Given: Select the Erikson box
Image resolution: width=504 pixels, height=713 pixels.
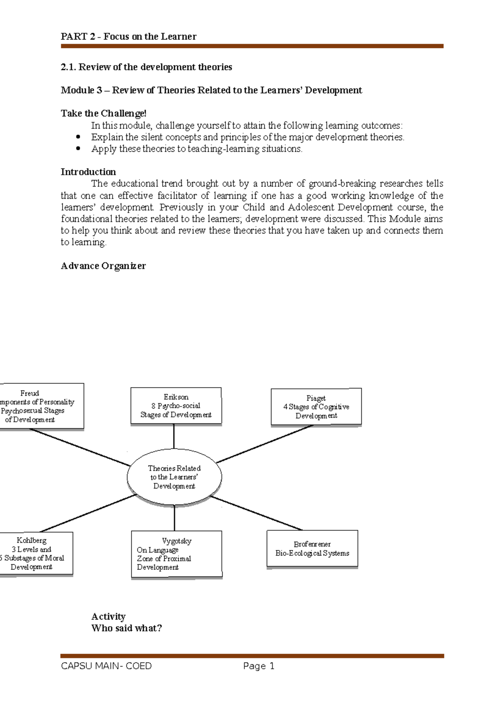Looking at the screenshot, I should click(176, 406).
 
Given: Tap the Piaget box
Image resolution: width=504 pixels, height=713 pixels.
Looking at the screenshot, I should click(316, 406).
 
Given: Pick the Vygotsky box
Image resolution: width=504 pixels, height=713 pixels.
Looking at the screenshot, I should click(176, 554).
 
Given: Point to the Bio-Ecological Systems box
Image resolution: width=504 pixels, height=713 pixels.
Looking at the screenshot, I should click(312, 549).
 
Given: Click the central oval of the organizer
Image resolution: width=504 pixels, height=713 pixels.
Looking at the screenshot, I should click(174, 477).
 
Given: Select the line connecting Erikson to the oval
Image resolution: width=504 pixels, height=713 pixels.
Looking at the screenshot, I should click(174, 436).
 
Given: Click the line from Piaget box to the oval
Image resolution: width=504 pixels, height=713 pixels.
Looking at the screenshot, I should click(265, 444).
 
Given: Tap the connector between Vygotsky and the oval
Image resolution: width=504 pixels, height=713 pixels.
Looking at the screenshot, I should click(174, 518).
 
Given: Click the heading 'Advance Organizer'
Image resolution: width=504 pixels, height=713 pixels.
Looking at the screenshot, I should click(103, 266).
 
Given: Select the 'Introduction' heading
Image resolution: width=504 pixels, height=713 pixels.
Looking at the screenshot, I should click(88, 172).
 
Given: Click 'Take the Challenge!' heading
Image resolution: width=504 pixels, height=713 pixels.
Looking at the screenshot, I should click(103, 113).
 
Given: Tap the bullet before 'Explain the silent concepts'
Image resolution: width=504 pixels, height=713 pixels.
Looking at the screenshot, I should click(78, 137).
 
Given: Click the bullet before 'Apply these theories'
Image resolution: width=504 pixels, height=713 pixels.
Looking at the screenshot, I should click(78, 148).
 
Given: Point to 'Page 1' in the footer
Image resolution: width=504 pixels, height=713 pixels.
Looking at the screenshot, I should click(258, 666).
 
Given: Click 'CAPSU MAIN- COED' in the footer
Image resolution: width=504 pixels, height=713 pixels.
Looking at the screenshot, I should click(106, 666).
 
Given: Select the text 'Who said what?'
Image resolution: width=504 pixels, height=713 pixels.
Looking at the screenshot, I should click(126, 628).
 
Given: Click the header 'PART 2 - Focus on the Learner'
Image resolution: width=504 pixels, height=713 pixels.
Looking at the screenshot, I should click(129, 37).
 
